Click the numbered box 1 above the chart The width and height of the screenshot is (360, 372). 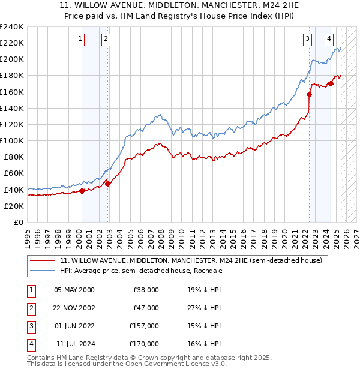[80, 40]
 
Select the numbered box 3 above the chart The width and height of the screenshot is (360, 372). [307, 40]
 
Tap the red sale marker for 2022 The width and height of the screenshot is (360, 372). [310, 94]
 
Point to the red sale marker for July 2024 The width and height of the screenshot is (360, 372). [331, 83]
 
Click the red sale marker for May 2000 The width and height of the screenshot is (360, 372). [82, 191]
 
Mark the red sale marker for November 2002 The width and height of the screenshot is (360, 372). [108, 184]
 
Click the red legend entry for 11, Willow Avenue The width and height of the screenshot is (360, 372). [191, 260]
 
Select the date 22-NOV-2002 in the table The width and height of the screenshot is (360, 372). [74, 308]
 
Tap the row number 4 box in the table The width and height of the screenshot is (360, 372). [29, 344]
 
